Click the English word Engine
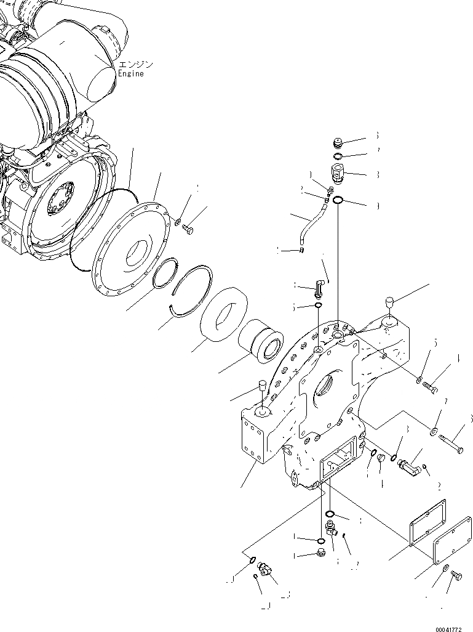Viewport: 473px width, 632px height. tap(130, 74)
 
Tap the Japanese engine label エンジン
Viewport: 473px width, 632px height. tap(135, 64)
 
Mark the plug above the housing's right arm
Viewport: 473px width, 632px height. tap(389, 301)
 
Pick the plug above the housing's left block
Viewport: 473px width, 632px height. tap(261, 387)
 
